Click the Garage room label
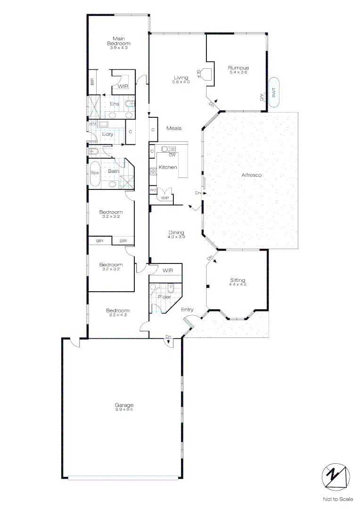pyautogui.click(x=124, y=405)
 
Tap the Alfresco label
pyautogui.click(x=251, y=175)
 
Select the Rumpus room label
pyautogui.click(x=238, y=67)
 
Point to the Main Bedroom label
pyautogui.click(x=118, y=41)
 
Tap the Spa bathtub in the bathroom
pyautogui.click(x=95, y=173)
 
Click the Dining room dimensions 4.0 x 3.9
pyautogui.click(x=177, y=237)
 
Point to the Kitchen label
pyautogui.click(x=168, y=167)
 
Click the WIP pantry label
pyautogui.click(x=164, y=198)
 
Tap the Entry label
pyautogui.click(x=187, y=310)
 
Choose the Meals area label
pyautogui.click(x=174, y=128)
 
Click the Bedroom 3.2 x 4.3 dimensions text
pyautogui.click(x=117, y=315)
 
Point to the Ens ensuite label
pyautogui.click(x=114, y=104)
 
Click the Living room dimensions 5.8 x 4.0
pyautogui.click(x=181, y=82)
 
